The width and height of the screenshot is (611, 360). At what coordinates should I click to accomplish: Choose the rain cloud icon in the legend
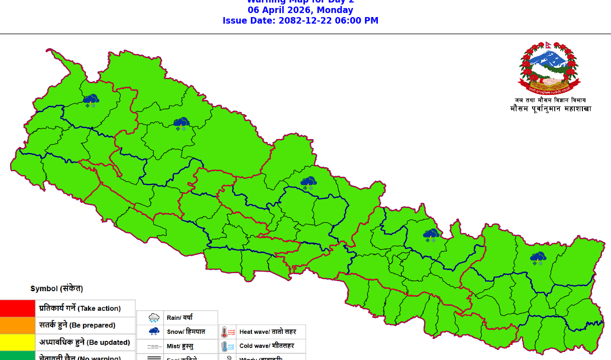pos(154,318)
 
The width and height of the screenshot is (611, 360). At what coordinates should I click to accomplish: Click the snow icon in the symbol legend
pos(154,331)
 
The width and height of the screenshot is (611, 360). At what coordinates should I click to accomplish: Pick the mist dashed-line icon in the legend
pos(154,346)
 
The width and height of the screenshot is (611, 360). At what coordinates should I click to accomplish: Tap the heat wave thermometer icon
pos(228,332)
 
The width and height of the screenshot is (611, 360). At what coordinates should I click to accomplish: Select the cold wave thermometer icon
pos(228,346)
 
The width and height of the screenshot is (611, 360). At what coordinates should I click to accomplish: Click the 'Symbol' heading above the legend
pos(56,289)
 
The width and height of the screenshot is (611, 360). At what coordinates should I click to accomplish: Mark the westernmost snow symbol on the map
pos(91,100)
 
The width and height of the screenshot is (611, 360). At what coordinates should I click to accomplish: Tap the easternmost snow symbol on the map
pos(538,259)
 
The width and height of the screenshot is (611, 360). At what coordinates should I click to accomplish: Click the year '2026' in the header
pos(300,10)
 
